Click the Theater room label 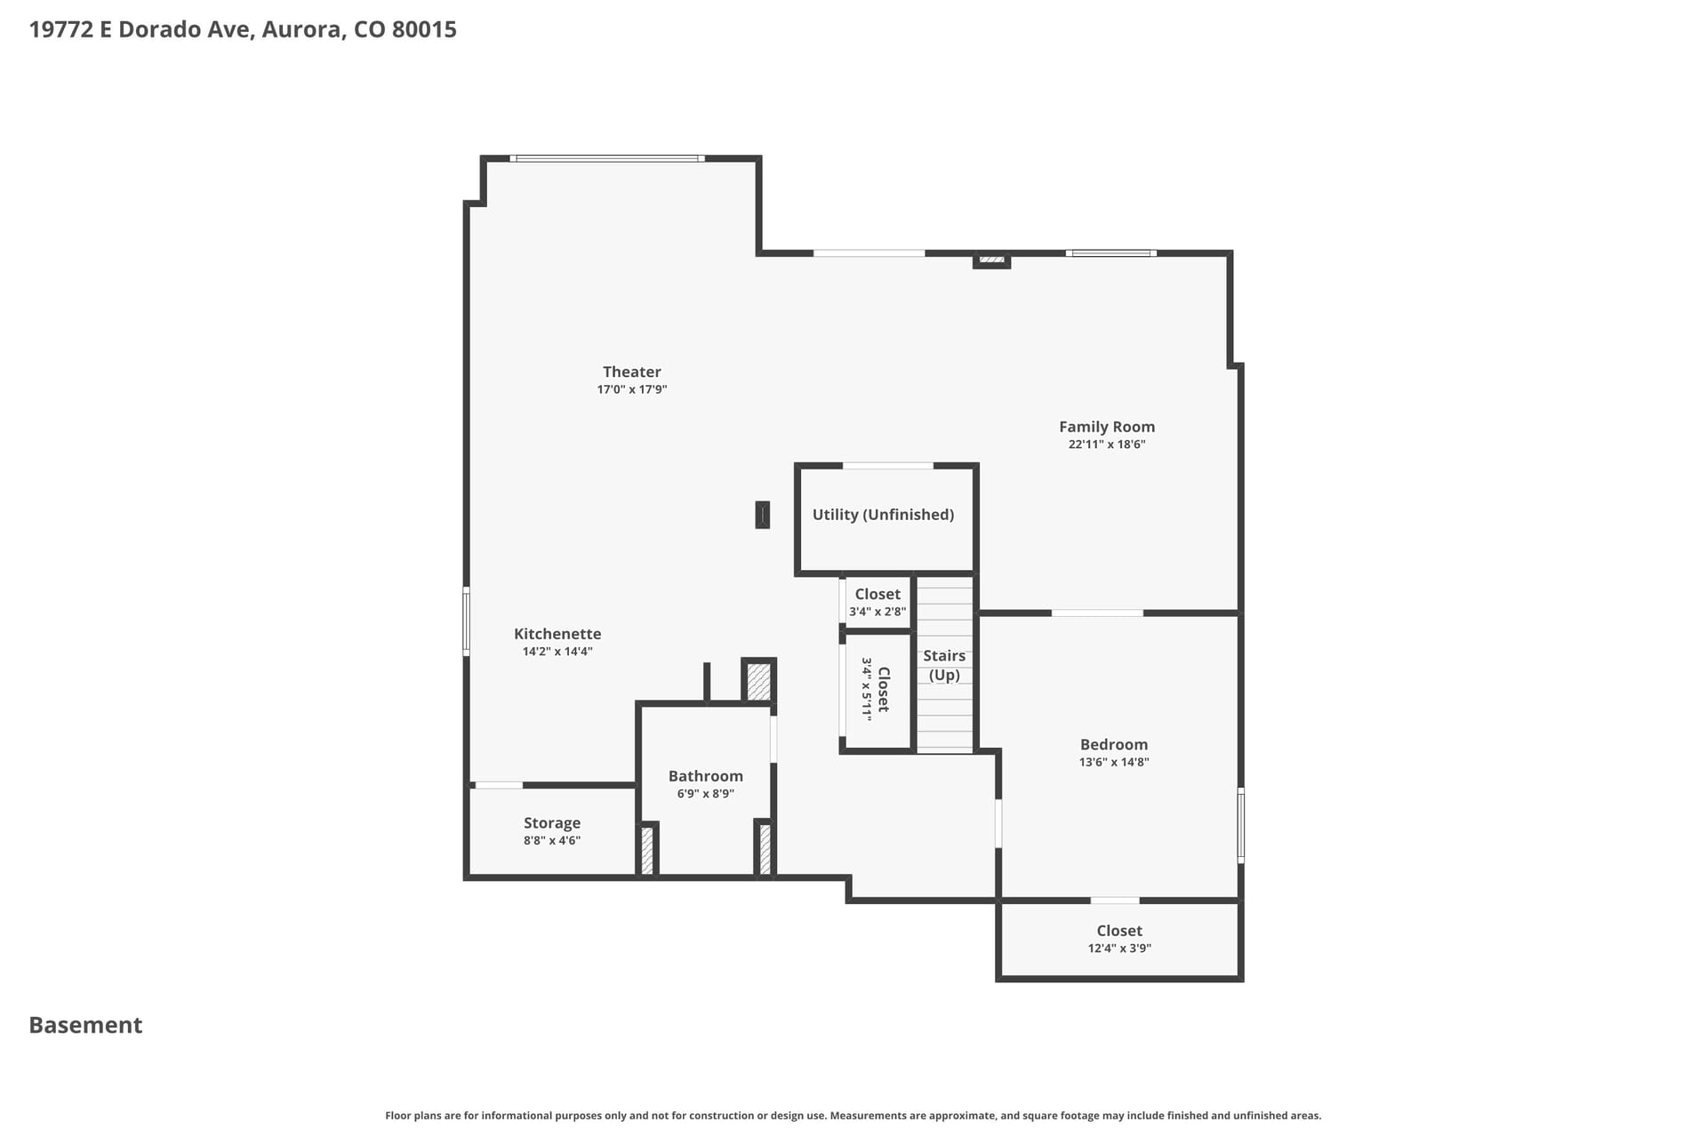point(632,372)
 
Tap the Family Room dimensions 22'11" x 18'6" point(1107,445)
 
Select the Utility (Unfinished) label point(883,515)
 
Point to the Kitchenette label point(557,634)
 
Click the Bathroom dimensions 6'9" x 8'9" point(706,794)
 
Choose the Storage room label point(552,823)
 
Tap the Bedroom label point(1114,745)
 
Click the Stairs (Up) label point(944,665)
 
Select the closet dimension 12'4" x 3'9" point(1119,949)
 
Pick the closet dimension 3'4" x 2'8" point(878,612)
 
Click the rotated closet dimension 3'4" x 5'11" point(867,689)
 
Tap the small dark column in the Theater point(762,515)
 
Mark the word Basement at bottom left point(85,1025)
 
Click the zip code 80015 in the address point(424,29)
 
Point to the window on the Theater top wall point(607,158)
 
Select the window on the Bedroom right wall point(1241,825)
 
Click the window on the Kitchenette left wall point(466,621)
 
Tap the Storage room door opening point(499,785)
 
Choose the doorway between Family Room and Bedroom point(1097,613)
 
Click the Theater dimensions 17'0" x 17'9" point(632,389)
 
